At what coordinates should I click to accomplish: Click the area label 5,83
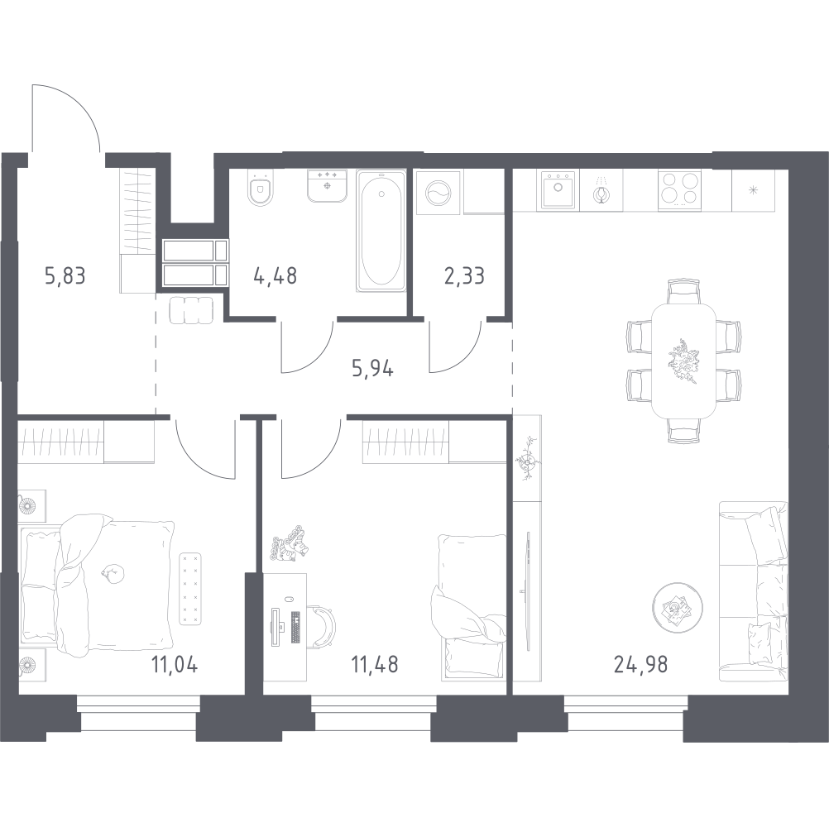coord(65,275)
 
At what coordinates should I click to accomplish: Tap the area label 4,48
coord(275,275)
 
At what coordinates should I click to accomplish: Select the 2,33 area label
coord(464,275)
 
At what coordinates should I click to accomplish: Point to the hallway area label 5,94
coord(373,368)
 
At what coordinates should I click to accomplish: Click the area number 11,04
coord(175,664)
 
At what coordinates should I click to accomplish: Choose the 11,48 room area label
coord(375,664)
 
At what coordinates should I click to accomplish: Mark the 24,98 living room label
coord(641,664)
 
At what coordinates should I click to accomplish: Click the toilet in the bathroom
coord(261,189)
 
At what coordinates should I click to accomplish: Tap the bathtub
coord(381,231)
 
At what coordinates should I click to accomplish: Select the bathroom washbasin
coord(328,185)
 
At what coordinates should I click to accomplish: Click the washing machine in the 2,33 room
coord(438,193)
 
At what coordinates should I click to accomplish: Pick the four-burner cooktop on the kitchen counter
coord(680,189)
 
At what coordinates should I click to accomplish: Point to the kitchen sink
coord(558,189)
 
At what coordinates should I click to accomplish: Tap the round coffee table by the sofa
coord(678,608)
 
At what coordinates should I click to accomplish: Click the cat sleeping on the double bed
coord(112,573)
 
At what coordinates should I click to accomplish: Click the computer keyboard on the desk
coord(295,627)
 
